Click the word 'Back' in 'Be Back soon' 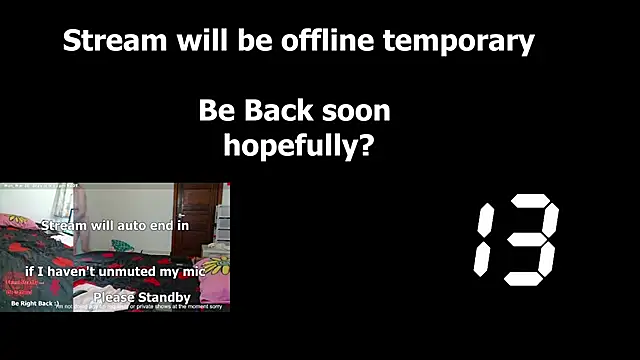(x=270, y=110)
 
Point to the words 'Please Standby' (x=142, y=297)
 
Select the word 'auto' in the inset (x=129, y=226)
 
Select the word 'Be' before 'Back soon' (x=214, y=110)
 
